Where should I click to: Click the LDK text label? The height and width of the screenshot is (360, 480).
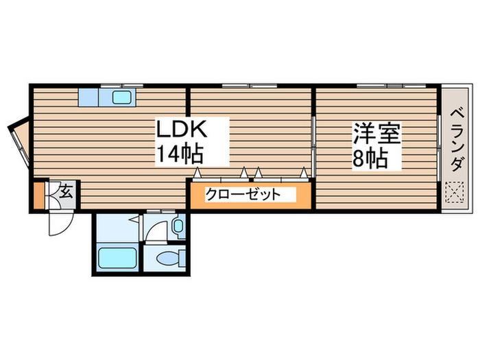pos(182,130)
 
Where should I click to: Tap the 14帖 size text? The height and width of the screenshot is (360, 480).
pos(182,154)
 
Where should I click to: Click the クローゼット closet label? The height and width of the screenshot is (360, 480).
pos(243,195)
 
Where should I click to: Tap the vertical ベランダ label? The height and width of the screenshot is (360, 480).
pos(455,141)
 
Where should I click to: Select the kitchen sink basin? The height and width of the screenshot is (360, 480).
pos(121,97)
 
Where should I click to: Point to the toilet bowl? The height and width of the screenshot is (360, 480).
pos(167,259)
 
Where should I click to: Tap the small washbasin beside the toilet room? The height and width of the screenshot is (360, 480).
pos(178,226)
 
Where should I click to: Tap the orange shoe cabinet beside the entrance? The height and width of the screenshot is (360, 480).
pos(38,194)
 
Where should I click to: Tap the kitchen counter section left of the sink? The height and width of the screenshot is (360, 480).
pos(89,97)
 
